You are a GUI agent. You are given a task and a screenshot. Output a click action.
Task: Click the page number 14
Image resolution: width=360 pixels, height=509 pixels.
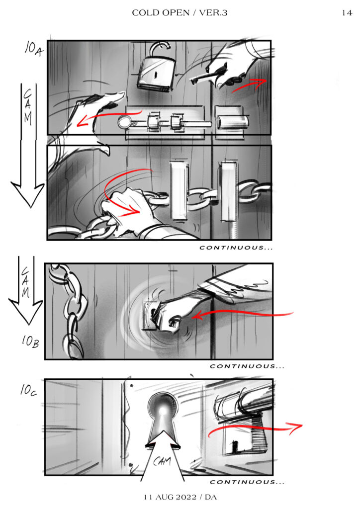(x=347, y=12)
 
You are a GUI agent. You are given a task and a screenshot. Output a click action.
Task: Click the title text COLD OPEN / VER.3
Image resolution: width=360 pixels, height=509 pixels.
(x=180, y=12)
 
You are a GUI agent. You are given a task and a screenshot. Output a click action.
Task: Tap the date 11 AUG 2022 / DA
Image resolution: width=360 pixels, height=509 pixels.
(x=180, y=497)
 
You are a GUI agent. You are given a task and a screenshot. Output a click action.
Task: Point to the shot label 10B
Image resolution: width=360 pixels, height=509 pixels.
(x=30, y=341)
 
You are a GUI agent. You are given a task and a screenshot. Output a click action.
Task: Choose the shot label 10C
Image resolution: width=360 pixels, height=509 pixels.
(x=28, y=390)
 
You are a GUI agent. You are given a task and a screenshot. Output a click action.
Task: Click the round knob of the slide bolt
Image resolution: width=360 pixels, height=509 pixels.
(x=124, y=122)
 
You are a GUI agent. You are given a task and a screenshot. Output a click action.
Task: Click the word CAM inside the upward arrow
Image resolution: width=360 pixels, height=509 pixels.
(x=162, y=461)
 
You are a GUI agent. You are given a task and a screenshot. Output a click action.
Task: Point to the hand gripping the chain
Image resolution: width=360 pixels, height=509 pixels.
(x=127, y=208)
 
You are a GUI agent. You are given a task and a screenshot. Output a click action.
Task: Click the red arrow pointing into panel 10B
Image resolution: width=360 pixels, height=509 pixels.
(x=242, y=314)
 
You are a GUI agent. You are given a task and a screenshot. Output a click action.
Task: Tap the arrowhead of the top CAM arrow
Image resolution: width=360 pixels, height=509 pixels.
(x=28, y=194)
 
